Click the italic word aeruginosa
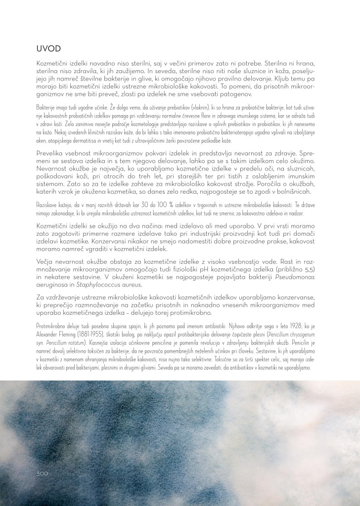click(54, 285)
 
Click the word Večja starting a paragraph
click(47, 261)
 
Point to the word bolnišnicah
click(301, 190)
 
